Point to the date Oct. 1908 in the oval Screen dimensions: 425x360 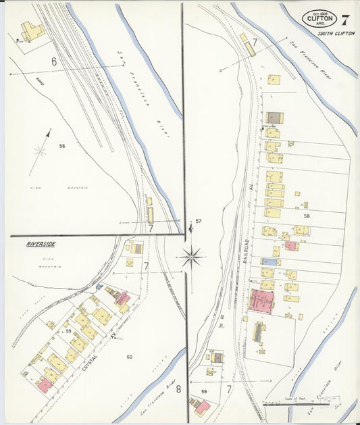[x=319, y=11]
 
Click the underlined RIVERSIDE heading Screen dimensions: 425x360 [x=41, y=243]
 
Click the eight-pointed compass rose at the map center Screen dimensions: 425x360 [x=192, y=257]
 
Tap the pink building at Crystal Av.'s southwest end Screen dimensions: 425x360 [x=45, y=384]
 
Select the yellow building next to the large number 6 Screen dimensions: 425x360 [x=31, y=32]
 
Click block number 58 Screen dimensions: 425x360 [x=307, y=216]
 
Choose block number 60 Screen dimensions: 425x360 [x=130, y=356]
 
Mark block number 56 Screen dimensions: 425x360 [x=61, y=146]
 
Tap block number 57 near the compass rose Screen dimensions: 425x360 [x=198, y=221]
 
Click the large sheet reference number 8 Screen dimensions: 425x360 [x=178, y=389]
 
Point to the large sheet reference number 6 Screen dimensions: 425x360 [x=53, y=61]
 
